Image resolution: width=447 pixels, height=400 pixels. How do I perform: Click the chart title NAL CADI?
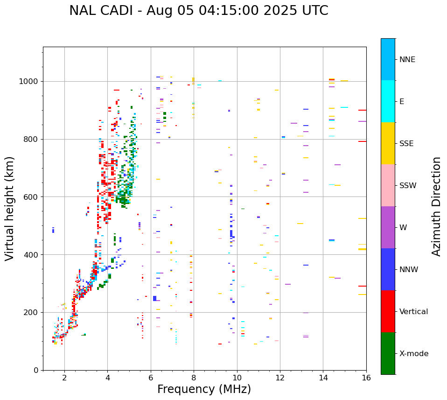198,11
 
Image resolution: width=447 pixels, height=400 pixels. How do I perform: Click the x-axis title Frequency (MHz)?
204,389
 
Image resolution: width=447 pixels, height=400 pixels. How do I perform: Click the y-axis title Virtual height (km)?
10,209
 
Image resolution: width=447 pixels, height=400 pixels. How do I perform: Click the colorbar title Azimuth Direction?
436,206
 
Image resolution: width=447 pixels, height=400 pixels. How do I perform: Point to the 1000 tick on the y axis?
31,81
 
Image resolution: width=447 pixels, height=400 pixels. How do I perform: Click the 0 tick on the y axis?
36,370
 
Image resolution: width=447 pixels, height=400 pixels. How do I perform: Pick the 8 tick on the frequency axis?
194,377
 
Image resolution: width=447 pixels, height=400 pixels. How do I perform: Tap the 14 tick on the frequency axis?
323,377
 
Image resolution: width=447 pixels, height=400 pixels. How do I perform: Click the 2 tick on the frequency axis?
64,377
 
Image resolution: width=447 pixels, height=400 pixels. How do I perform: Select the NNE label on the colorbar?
407,60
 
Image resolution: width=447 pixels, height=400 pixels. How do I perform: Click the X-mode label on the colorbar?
413,354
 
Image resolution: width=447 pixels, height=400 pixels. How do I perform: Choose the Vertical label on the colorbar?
413,312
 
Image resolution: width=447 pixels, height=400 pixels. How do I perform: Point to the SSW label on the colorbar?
408,186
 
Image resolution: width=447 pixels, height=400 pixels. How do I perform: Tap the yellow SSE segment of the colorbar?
388,143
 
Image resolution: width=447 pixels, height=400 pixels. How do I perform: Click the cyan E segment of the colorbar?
388,101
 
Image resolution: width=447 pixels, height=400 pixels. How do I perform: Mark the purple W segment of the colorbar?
388,227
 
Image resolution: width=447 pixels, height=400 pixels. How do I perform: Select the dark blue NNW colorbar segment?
388,269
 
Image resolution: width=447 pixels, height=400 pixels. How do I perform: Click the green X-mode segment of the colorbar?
388,353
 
